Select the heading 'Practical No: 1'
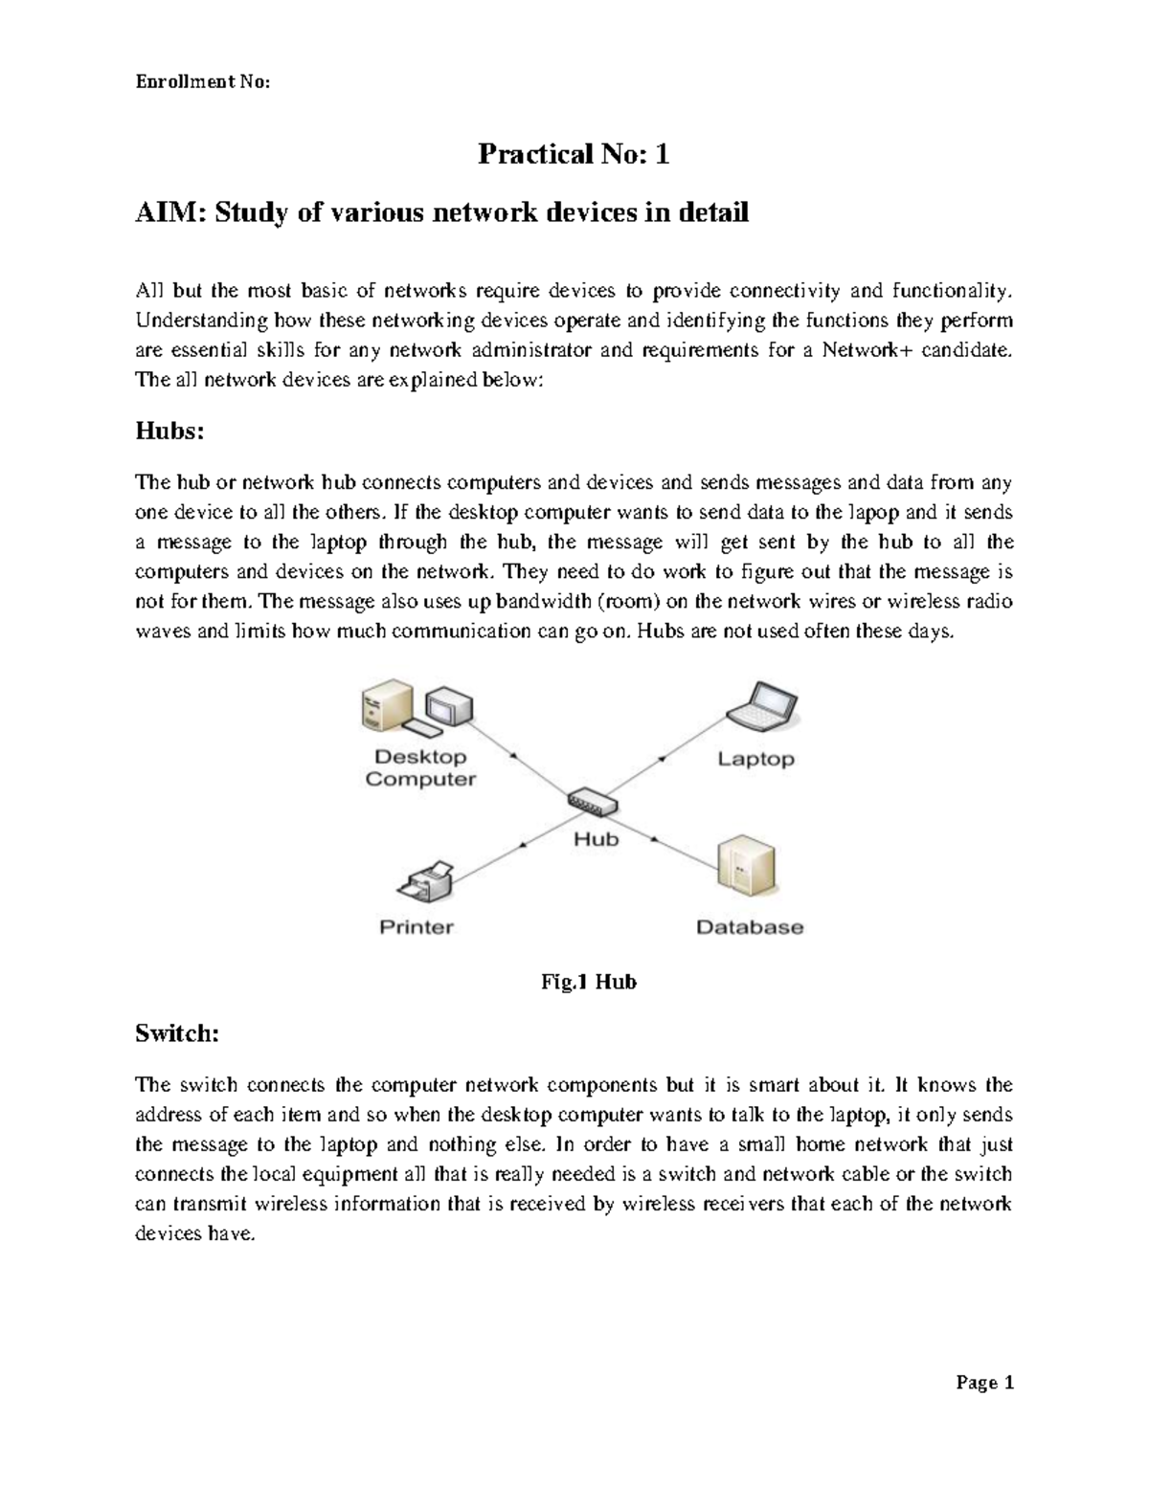(574, 153)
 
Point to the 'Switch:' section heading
(177, 1033)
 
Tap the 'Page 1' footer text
(983, 1383)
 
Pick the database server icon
(747, 865)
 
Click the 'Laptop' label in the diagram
(756, 760)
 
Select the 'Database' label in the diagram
(750, 927)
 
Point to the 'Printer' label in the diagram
(417, 927)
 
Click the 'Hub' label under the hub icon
(596, 839)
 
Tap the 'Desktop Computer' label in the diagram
(420, 768)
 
